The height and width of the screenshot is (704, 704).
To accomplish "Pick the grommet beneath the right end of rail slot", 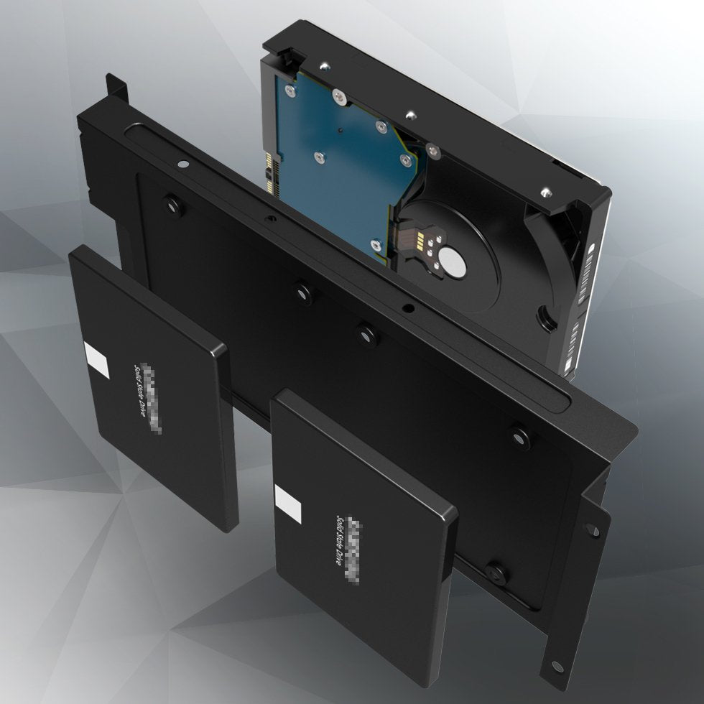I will coord(519,436).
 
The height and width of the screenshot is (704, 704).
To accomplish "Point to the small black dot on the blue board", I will coord(338,131).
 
